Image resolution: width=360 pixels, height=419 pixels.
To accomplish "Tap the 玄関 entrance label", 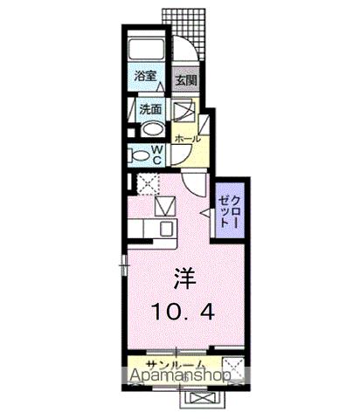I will tap(183, 80).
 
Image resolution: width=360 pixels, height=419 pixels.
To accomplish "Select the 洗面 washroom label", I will tap(151, 110).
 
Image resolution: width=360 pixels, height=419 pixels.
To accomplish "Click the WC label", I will tap(158, 155).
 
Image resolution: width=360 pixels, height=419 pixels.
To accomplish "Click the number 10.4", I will tap(183, 311).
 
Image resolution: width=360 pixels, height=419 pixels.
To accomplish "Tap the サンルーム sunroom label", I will tap(176, 364).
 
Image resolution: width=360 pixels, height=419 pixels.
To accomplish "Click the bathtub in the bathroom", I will tap(147, 51).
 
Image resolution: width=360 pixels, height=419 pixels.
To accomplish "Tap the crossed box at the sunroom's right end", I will tap(232, 365).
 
